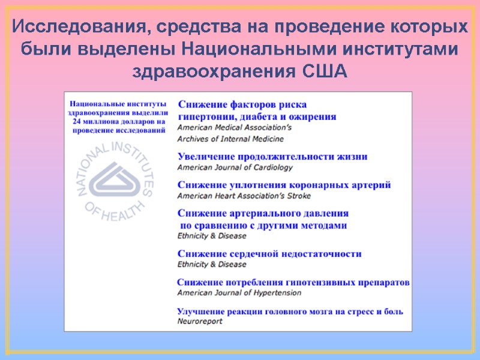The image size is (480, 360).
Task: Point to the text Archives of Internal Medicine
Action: [230, 139]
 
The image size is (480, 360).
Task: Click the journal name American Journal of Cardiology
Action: [235, 167]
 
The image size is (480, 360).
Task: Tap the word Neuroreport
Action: [200, 322]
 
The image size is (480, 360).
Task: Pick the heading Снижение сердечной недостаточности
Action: [270, 254]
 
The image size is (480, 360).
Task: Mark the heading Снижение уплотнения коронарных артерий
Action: [284, 185]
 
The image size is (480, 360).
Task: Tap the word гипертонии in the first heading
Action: [204, 116]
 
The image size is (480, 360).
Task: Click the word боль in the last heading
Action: [393, 311]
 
